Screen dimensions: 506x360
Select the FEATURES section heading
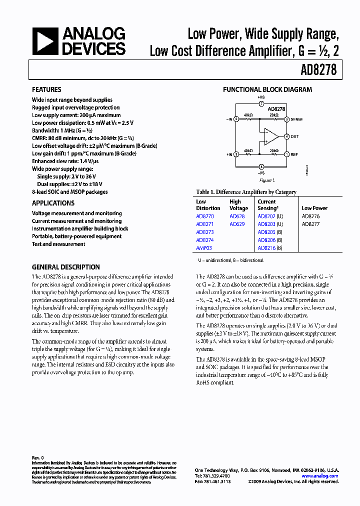tap(46, 89)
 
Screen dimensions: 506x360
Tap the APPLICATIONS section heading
tap(53, 203)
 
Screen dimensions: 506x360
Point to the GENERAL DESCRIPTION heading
tap(65, 267)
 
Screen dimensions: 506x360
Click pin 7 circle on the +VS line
tap(261, 103)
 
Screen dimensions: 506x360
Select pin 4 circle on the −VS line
tap(261, 166)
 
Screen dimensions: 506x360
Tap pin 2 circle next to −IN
tap(235, 119)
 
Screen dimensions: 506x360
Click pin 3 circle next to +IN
tap(235, 154)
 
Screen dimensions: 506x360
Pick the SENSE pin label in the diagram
tap(297, 119)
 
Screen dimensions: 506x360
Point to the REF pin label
tap(294, 155)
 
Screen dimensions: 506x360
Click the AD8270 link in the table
tap(204, 216)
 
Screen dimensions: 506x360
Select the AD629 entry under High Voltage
tap(237, 224)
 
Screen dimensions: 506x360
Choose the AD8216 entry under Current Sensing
tap(266, 248)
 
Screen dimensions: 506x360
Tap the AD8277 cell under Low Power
tap(310, 224)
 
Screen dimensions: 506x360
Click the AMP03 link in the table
tap(204, 248)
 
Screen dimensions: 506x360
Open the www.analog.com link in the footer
tap(320, 476)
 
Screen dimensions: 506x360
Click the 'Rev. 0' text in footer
tap(38, 457)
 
